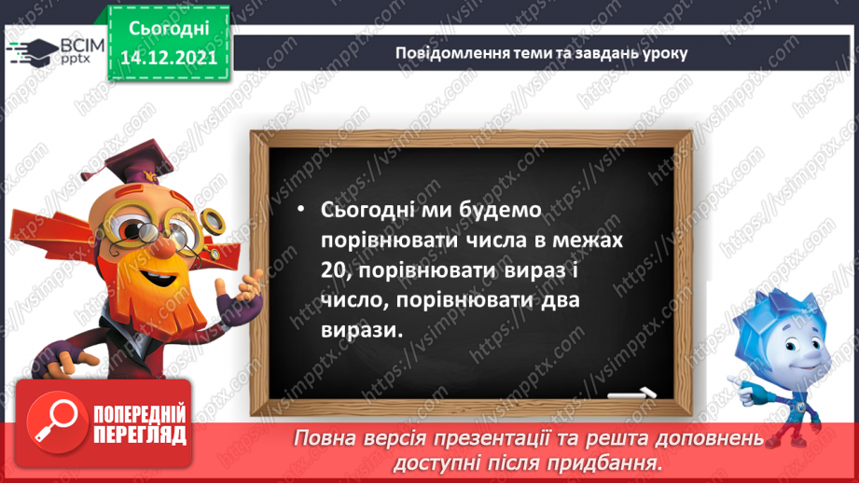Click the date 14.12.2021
click(168, 57)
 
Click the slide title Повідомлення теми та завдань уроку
click(541, 52)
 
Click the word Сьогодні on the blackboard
click(367, 212)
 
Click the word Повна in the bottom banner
click(329, 438)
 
